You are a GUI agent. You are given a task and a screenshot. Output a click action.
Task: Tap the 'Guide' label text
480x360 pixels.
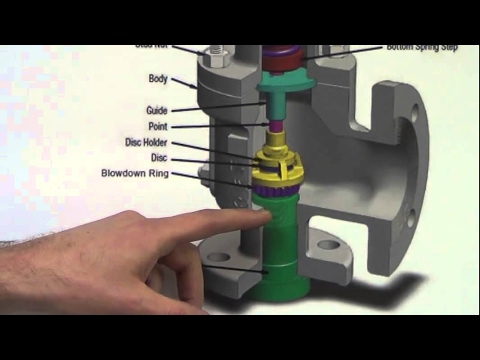tap(155, 110)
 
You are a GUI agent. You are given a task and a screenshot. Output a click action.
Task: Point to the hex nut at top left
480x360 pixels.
tap(212, 51)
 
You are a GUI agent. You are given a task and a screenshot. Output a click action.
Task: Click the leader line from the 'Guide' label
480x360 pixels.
tap(215, 107)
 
